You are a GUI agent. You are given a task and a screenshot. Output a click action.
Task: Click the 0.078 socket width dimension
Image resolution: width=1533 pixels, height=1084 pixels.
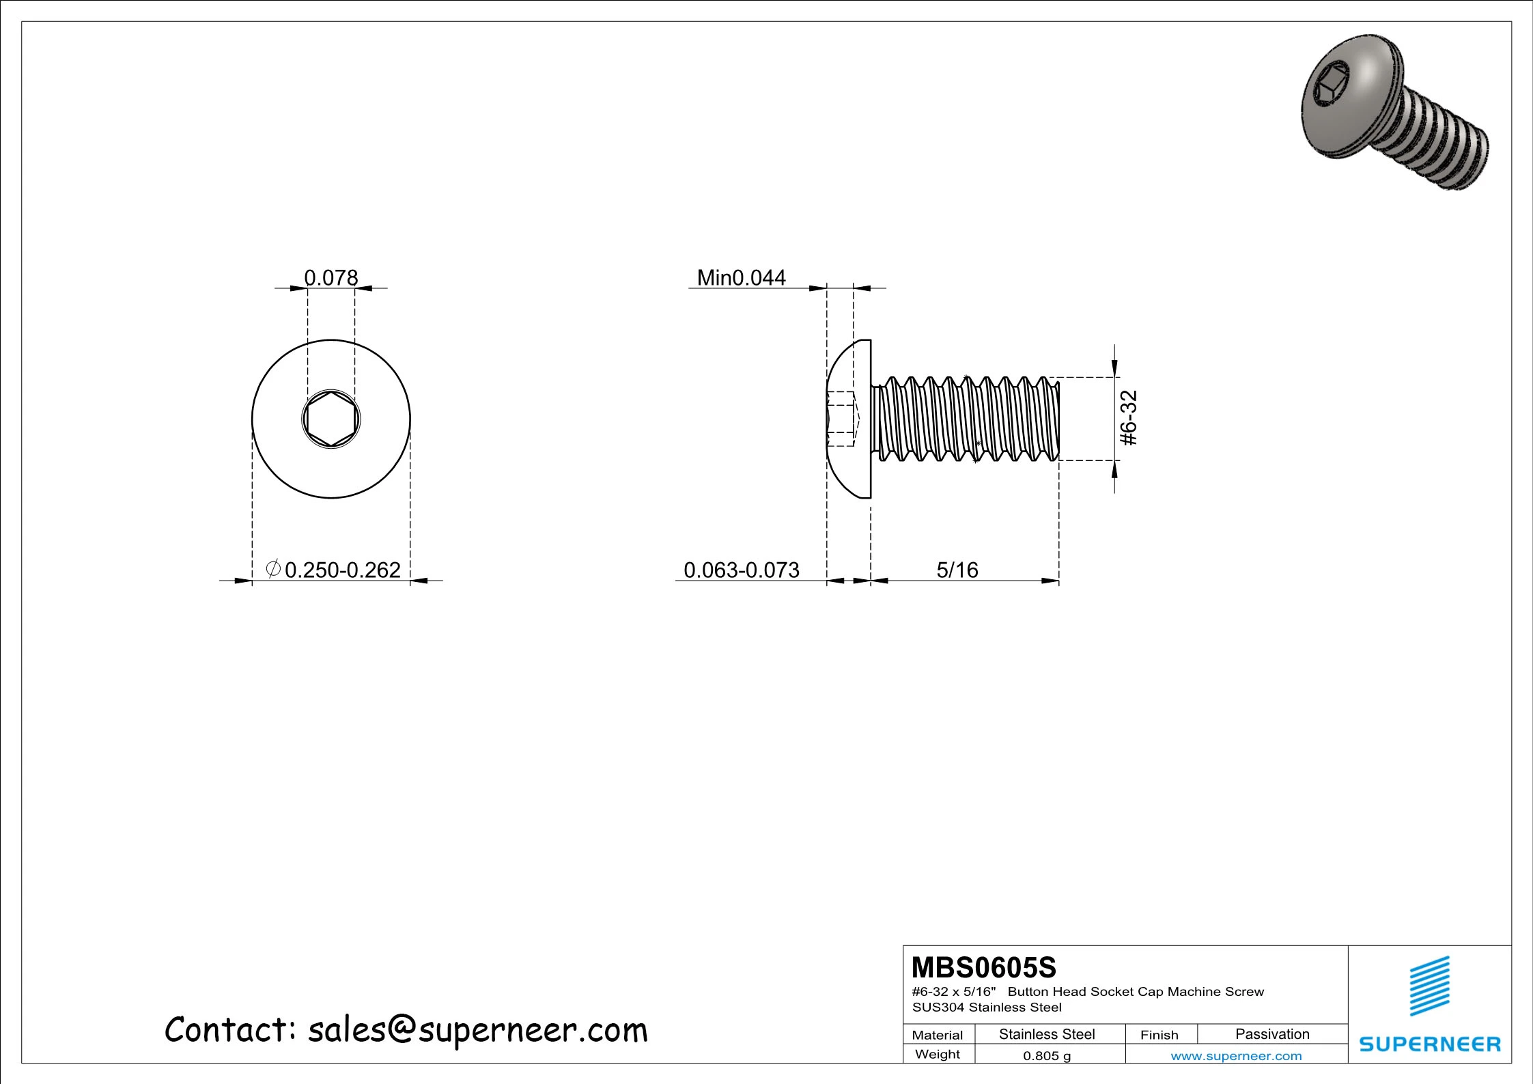coord(330,277)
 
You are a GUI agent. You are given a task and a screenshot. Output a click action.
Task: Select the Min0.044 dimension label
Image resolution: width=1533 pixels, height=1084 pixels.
coord(741,277)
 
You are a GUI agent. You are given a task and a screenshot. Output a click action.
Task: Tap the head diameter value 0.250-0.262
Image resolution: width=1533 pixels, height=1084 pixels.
coord(342,570)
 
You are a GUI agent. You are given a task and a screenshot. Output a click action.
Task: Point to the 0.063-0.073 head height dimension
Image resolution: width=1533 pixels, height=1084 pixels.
coord(741,570)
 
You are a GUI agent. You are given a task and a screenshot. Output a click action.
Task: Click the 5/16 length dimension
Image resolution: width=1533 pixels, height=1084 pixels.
coord(957,570)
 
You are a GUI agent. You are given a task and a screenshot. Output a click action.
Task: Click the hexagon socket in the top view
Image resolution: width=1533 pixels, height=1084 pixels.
coord(331,419)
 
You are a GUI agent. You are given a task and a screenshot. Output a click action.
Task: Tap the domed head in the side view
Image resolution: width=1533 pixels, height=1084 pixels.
coord(850,418)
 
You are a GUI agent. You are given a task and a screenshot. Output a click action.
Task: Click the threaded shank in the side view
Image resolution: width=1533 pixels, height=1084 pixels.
coord(966,418)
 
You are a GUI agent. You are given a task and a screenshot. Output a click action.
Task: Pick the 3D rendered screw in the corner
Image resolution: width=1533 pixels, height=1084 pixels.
coord(1393,113)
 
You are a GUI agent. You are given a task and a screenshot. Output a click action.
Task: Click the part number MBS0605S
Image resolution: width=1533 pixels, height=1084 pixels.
coord(983,968)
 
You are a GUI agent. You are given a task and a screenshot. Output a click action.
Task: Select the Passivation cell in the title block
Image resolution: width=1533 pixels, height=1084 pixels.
coord(1272,1034)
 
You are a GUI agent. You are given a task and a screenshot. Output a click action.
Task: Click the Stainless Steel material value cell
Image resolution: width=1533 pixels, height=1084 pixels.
coord(1046,1034)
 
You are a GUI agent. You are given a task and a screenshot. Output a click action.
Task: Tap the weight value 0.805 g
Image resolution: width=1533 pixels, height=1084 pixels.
coord(1046,1056)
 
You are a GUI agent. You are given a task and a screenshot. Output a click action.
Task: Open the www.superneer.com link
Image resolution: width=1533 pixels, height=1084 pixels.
coord(1236,1056)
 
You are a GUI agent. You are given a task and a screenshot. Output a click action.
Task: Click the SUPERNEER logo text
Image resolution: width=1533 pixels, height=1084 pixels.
coord(1430,1044)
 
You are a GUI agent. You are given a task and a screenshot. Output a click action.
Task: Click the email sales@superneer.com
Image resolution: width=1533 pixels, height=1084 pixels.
coord(477,1030)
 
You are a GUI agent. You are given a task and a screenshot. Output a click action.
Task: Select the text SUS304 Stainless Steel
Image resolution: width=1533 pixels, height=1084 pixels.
coord(987,1007)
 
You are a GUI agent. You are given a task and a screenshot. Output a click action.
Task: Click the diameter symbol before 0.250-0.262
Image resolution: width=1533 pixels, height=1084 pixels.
coord(273,568)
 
